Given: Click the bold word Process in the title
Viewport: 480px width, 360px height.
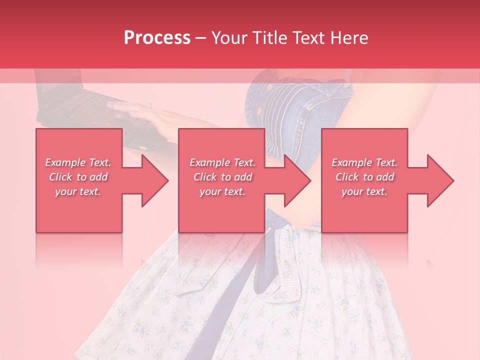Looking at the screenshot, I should pos(157,38).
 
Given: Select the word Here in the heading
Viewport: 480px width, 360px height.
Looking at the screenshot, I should pos(349,38).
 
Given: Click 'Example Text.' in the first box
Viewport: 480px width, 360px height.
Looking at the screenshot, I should pos(78,162).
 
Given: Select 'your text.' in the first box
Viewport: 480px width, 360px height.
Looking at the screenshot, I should pos(78,191).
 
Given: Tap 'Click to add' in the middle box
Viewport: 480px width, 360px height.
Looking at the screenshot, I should pos(222,177).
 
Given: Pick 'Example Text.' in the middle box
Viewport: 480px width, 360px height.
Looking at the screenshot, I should pos(222,162).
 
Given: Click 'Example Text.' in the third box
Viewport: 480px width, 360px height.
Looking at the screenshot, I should pos(364,162).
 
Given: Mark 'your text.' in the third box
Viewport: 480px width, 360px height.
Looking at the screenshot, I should pos(364,191).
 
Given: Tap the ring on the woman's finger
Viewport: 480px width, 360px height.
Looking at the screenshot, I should pos(149,105).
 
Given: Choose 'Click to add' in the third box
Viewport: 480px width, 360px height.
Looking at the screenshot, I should pos(364,177).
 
